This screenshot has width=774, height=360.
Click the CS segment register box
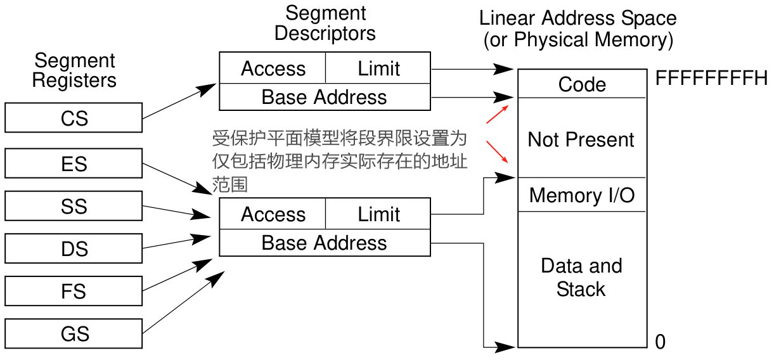click(x=74, y=118)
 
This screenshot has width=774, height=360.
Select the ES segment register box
click(x=74, y=164)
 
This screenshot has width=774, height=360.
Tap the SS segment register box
click(x=74, y=207)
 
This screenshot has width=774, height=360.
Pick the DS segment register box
click(x=74, y=248)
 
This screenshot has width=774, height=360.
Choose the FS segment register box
click(x=74, y=291)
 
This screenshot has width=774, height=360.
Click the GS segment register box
click(x=74, y=333)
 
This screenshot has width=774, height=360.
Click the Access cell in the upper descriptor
click(x=273, y=68)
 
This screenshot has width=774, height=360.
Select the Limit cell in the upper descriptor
click(x=378, y=68)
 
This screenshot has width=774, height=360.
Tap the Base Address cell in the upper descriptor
click(x=325, y=97)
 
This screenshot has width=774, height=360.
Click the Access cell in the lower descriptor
click(x=273, y=214)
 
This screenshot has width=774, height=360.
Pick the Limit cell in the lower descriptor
click(x=378, y=214)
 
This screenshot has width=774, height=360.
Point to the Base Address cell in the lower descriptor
click(x=325, y=243)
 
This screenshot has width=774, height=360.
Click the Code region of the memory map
click(x=582, y=84)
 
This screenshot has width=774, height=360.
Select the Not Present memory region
click(x=581, y=139)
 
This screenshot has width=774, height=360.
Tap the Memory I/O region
click(x=581, y=195)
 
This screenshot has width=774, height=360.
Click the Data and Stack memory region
click(x=581, y=278)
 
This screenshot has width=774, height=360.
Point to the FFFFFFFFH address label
click(x=711, y=79)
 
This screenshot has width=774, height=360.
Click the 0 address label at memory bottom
click(x=661, y=342)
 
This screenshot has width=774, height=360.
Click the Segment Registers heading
click(x=74, y=70)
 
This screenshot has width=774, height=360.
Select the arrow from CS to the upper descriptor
click(x=180, y=101)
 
